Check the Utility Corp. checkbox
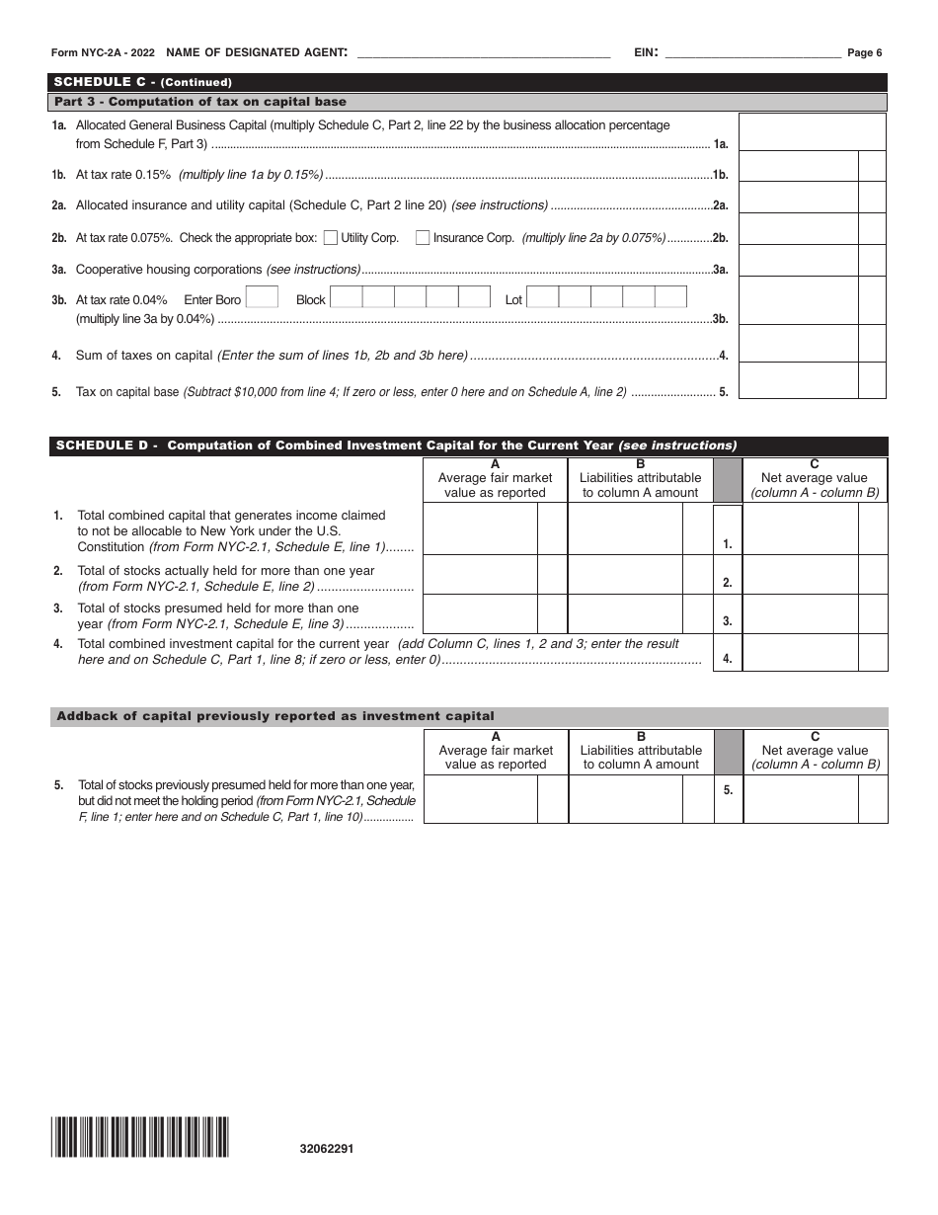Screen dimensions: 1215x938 click(331, 237)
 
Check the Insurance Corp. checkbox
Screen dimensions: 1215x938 click(423, 237)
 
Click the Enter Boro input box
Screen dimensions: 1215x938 click(262, 298)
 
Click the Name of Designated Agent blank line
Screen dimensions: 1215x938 click(483, 53)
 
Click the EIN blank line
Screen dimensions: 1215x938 click(752, 53)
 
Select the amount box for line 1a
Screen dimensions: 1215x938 click(812, 132)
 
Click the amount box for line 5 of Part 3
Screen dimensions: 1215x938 click(798, 381)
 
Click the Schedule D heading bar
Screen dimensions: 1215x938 click(469, 445)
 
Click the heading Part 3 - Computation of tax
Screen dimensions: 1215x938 click(200, 102)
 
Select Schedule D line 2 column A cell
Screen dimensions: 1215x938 click(480, 575)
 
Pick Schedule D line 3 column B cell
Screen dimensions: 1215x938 click(625, 614)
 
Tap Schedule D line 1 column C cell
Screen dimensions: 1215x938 click(800, 529)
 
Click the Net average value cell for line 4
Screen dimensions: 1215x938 click(800, 653)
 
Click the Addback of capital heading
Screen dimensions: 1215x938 click(275, 716)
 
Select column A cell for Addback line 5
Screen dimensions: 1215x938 click(480, 799)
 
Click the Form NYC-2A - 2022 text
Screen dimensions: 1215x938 click(104, 53)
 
